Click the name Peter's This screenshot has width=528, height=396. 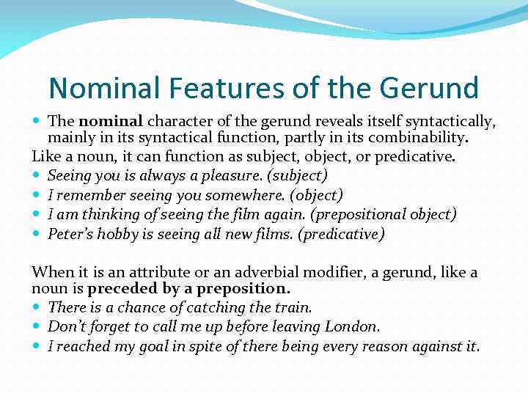(70, 234)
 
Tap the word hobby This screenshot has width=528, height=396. (117, 234)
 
